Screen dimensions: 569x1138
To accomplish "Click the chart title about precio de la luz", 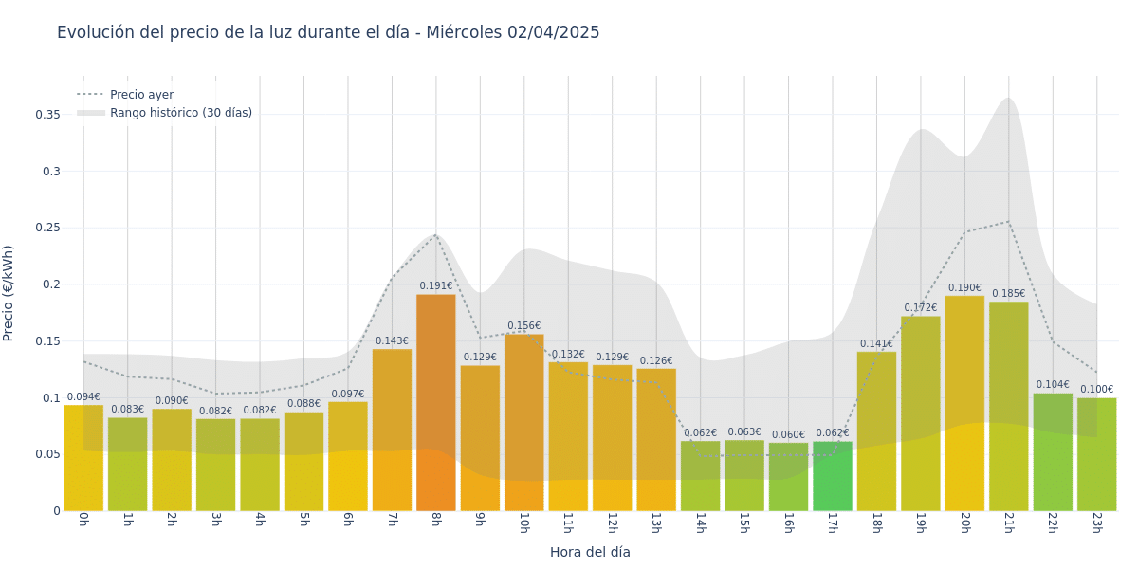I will pyautogui.click(x=328, y=32).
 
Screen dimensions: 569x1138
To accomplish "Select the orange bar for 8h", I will pyautogui.click(x=435, y=403).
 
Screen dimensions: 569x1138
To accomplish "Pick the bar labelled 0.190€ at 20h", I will pyautogui.click(x=964, y=403).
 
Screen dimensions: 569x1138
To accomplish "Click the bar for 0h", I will pyautogui.click(x=83, y=458).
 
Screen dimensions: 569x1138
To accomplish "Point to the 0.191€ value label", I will pyautogui.click(x=436, y=285).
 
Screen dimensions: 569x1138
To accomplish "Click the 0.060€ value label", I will pyautogui.click(x=788, y=434).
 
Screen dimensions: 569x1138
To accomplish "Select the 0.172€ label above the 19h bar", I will pyautogui.click(x=920, y=307).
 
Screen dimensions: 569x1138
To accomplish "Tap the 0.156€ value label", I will pyautogui.click(x=523, y=325).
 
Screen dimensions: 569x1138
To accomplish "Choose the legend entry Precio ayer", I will pyautogui.click(x=141, y=95).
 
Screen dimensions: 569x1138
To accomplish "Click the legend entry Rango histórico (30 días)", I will pyautogui.click(x=180, y=113).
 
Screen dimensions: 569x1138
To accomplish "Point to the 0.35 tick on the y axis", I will pyautogui.click(x=47, y=115).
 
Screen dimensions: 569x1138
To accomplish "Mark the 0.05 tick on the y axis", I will pyautogui.click(x=47, y=454).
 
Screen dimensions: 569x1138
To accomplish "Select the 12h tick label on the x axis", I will pyautogui.click(x=612, y=523).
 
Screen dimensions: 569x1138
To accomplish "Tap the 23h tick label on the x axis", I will pyautogui.click(x=1096, y=523).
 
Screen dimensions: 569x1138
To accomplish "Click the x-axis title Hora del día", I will pyautogui.click(x=590, y=552).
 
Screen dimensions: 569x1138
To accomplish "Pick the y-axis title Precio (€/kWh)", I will pyautogui.click(x=9, y=293).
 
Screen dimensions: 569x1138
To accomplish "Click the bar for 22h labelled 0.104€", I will pyautogui.click(x=1053, y=452).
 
